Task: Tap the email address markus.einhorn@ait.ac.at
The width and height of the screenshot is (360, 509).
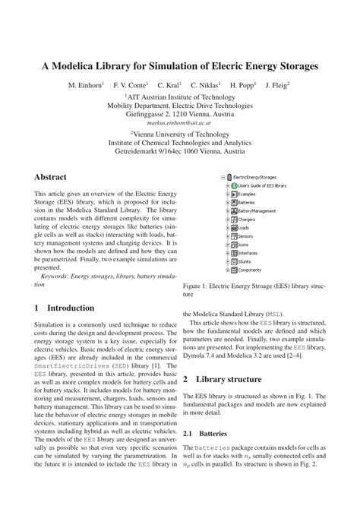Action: [179, 121]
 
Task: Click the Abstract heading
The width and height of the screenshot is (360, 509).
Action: [55, 176]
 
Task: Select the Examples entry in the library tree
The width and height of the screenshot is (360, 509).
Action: [248, 194]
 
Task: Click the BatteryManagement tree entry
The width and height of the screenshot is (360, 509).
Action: [258, 210]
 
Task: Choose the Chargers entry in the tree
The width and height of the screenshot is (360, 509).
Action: [248, 219]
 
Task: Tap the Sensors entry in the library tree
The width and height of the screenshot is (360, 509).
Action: [248, 236]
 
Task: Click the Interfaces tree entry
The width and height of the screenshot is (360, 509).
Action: [250, 253]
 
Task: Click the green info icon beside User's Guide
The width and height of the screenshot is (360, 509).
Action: [234, 185]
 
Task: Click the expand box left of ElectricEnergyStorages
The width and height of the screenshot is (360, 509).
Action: [224, 177]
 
